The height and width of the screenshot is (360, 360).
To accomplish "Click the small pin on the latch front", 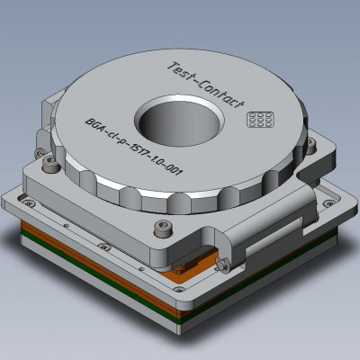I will coord(220,264).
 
